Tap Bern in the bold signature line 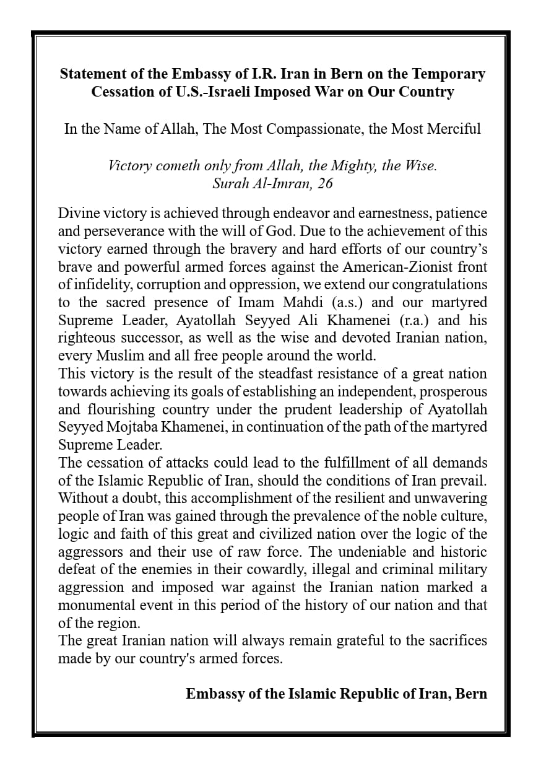point(471,694)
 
